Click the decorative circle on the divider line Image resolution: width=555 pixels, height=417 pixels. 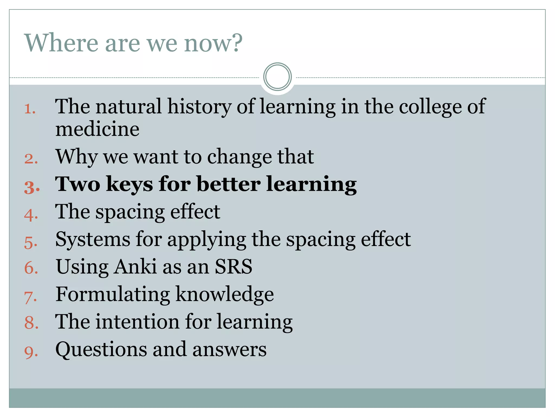[277, 77]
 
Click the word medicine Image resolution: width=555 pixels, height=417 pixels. [97, 129]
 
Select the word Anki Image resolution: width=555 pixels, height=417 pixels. [135, 267]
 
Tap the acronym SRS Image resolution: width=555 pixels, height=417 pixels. [233, 267]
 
